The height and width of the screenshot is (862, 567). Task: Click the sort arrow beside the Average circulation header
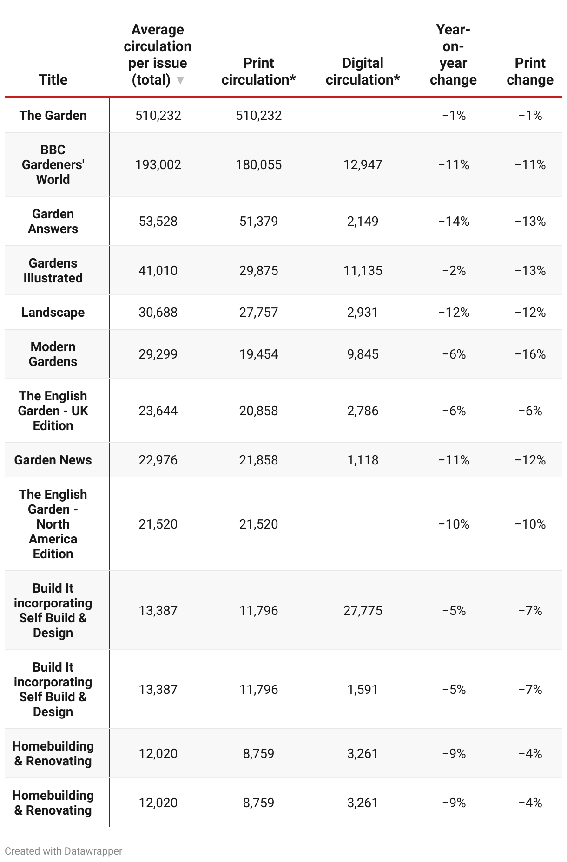click(181, 80)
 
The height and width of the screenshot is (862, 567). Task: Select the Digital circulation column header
click(363, 72)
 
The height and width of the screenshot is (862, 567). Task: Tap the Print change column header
click(530, 72)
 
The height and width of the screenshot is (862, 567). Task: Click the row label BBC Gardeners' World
click(53, 164)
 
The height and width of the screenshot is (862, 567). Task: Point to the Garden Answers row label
click(53, 221)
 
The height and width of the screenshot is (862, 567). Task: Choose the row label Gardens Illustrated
click(53, 270)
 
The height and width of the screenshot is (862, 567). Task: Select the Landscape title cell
click(53, 312)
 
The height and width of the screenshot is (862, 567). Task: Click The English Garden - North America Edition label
click(53, 524)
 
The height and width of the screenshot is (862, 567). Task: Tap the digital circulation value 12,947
click(363, 164)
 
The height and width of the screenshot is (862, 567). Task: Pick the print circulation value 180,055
click(258, 164)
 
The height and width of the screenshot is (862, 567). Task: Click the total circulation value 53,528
click(158, 221)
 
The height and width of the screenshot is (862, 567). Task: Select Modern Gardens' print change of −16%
click(530, 354)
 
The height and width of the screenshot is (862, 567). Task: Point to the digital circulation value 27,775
click(363, 610)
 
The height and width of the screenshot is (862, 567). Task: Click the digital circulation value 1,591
click(363, 689)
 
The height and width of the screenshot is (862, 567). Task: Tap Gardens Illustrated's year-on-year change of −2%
click(454, 270)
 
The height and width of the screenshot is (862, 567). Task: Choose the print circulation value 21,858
click(258, 460)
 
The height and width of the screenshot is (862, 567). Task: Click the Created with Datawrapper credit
click(64, 851)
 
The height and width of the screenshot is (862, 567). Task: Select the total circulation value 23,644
click(158, 411)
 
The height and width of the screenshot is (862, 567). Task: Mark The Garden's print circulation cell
click(258, 115)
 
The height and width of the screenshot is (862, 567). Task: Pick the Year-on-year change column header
click(453, 55)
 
